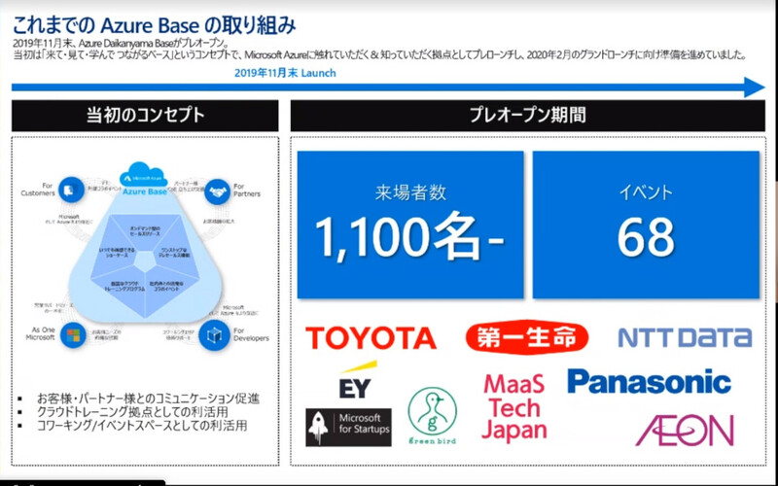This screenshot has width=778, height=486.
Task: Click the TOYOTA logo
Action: pyautogui.click(x=371, y=338)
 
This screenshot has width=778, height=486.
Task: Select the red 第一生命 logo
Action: pyautogui.click(x=527, y=337)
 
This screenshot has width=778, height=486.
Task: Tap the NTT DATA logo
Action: pyautogui.click(x=685, y=337)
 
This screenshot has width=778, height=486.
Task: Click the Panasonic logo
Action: pyautogui.click(x=649, y=381)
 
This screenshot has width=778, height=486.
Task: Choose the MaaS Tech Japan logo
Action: pyautogui.click(x=514, y=406)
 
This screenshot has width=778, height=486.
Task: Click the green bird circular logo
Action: pyautogui.click(x=432, y=415)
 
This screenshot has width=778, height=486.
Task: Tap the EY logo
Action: pyautogui.click(x=354, y=382)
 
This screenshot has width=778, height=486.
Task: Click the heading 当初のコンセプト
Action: pyautogui.click(x=144, y=115)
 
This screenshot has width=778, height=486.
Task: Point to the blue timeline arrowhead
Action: pyautogui.click(x=755, y=87)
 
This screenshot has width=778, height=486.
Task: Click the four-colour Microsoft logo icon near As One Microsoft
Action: pyautogui.click(x=69, y=336)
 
